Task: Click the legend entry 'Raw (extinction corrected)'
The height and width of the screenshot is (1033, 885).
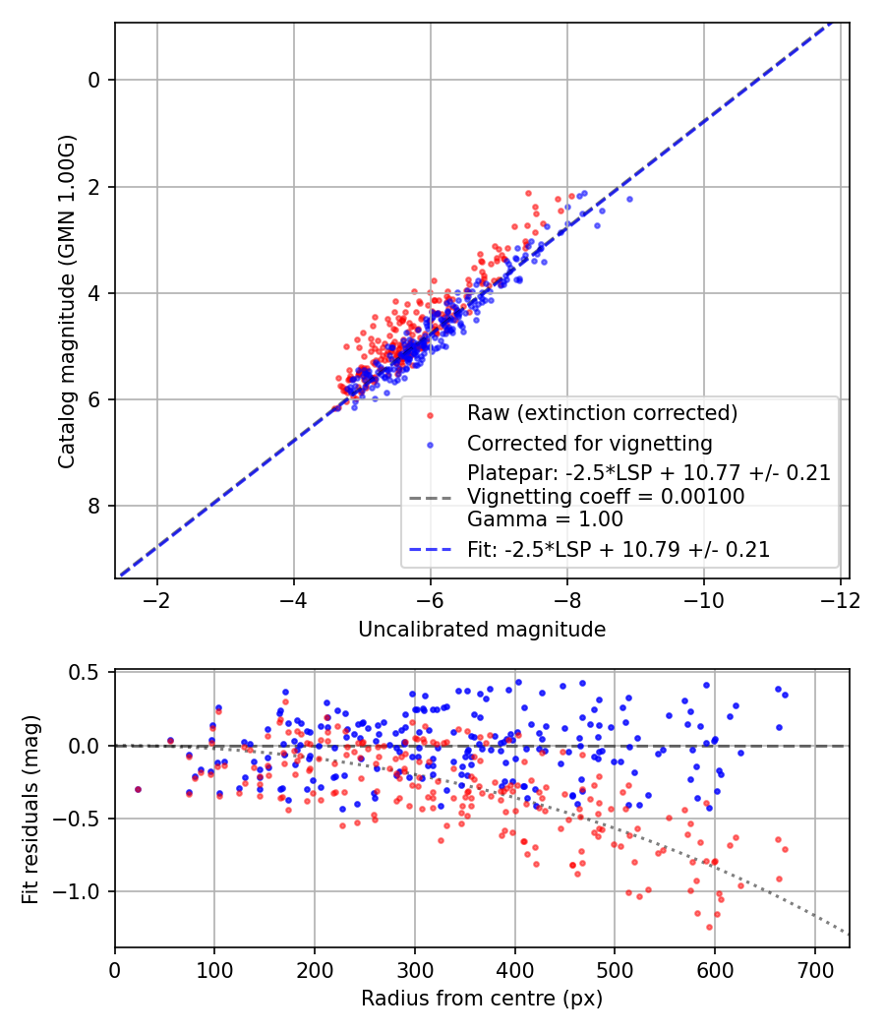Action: point(602,412)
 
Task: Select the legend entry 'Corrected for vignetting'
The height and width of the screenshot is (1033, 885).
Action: point(589,443)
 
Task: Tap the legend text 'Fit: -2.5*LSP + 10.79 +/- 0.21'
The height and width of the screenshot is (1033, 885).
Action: point(618,550)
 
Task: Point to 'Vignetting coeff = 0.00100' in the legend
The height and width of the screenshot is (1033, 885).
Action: point(606,497)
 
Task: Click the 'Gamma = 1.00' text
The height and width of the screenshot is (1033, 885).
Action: point(545,519)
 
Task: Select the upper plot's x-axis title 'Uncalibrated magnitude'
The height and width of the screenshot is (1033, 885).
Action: point(482,629)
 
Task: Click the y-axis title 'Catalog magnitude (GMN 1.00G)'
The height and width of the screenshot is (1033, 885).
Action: point(66,300)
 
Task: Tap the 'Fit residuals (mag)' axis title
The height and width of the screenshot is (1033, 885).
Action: point(30,809)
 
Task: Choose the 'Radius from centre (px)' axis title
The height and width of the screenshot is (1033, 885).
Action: point(482,999)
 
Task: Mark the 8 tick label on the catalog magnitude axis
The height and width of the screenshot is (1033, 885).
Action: point(93,506)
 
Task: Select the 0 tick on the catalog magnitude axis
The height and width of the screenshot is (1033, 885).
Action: point(93,80)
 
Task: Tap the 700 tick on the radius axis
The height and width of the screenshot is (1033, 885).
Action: point(814,970)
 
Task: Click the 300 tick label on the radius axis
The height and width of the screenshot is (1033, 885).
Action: point(415,970)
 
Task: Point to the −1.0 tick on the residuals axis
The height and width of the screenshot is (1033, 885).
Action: point(83,891)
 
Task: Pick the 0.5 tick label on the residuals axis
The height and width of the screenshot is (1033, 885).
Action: point(88,673)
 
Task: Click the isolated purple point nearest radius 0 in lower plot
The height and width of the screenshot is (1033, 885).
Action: point(138,789)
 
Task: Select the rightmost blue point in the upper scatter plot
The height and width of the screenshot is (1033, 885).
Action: point(629,199)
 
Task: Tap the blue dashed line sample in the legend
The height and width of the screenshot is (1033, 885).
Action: point(433,550)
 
